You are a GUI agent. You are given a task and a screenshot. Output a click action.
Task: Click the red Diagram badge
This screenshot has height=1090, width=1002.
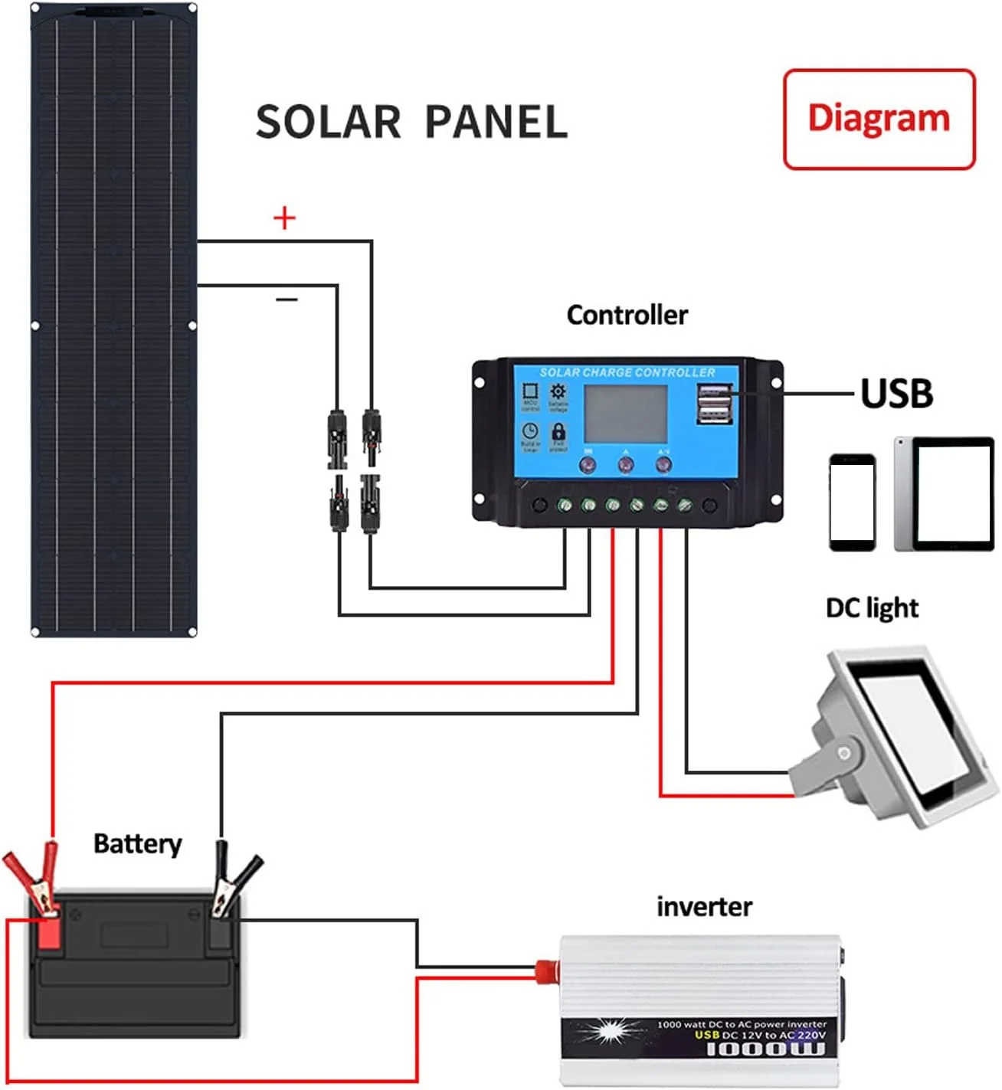879,119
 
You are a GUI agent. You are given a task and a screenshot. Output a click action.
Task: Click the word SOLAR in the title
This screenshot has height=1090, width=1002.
328,123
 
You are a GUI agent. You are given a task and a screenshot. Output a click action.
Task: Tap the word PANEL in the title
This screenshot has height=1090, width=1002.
496,123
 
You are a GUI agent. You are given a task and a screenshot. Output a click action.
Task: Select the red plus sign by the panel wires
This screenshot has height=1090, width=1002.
284,218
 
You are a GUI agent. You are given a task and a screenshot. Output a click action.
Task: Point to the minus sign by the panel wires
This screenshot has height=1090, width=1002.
287,299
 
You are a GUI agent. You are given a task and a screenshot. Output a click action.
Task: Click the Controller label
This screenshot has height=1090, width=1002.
627,315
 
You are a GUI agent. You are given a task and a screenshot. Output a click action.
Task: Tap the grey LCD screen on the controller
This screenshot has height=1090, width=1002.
626,414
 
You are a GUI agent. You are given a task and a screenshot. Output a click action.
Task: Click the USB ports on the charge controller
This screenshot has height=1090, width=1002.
714,404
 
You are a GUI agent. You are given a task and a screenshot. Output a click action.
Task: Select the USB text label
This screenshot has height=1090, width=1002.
896,394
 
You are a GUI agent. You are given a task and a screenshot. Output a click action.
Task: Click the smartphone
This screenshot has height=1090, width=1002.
852,502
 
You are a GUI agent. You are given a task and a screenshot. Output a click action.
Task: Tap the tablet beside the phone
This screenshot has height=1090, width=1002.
945,494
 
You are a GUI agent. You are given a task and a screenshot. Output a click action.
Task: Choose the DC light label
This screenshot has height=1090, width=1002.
872,608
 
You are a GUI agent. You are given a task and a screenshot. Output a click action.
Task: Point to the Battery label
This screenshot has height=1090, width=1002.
138,844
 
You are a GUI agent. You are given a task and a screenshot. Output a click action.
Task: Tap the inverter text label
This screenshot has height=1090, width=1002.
704,907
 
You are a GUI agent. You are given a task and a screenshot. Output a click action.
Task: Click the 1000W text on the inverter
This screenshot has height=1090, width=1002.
765,1049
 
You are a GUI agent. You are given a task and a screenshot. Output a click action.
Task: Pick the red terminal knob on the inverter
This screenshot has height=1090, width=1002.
545,971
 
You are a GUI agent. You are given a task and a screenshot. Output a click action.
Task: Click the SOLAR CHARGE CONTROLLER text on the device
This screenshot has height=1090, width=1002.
627,373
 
